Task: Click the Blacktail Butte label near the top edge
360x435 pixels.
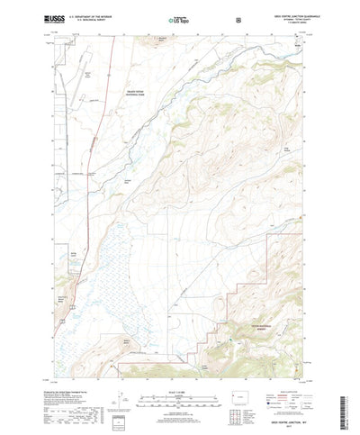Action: (185, 40)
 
